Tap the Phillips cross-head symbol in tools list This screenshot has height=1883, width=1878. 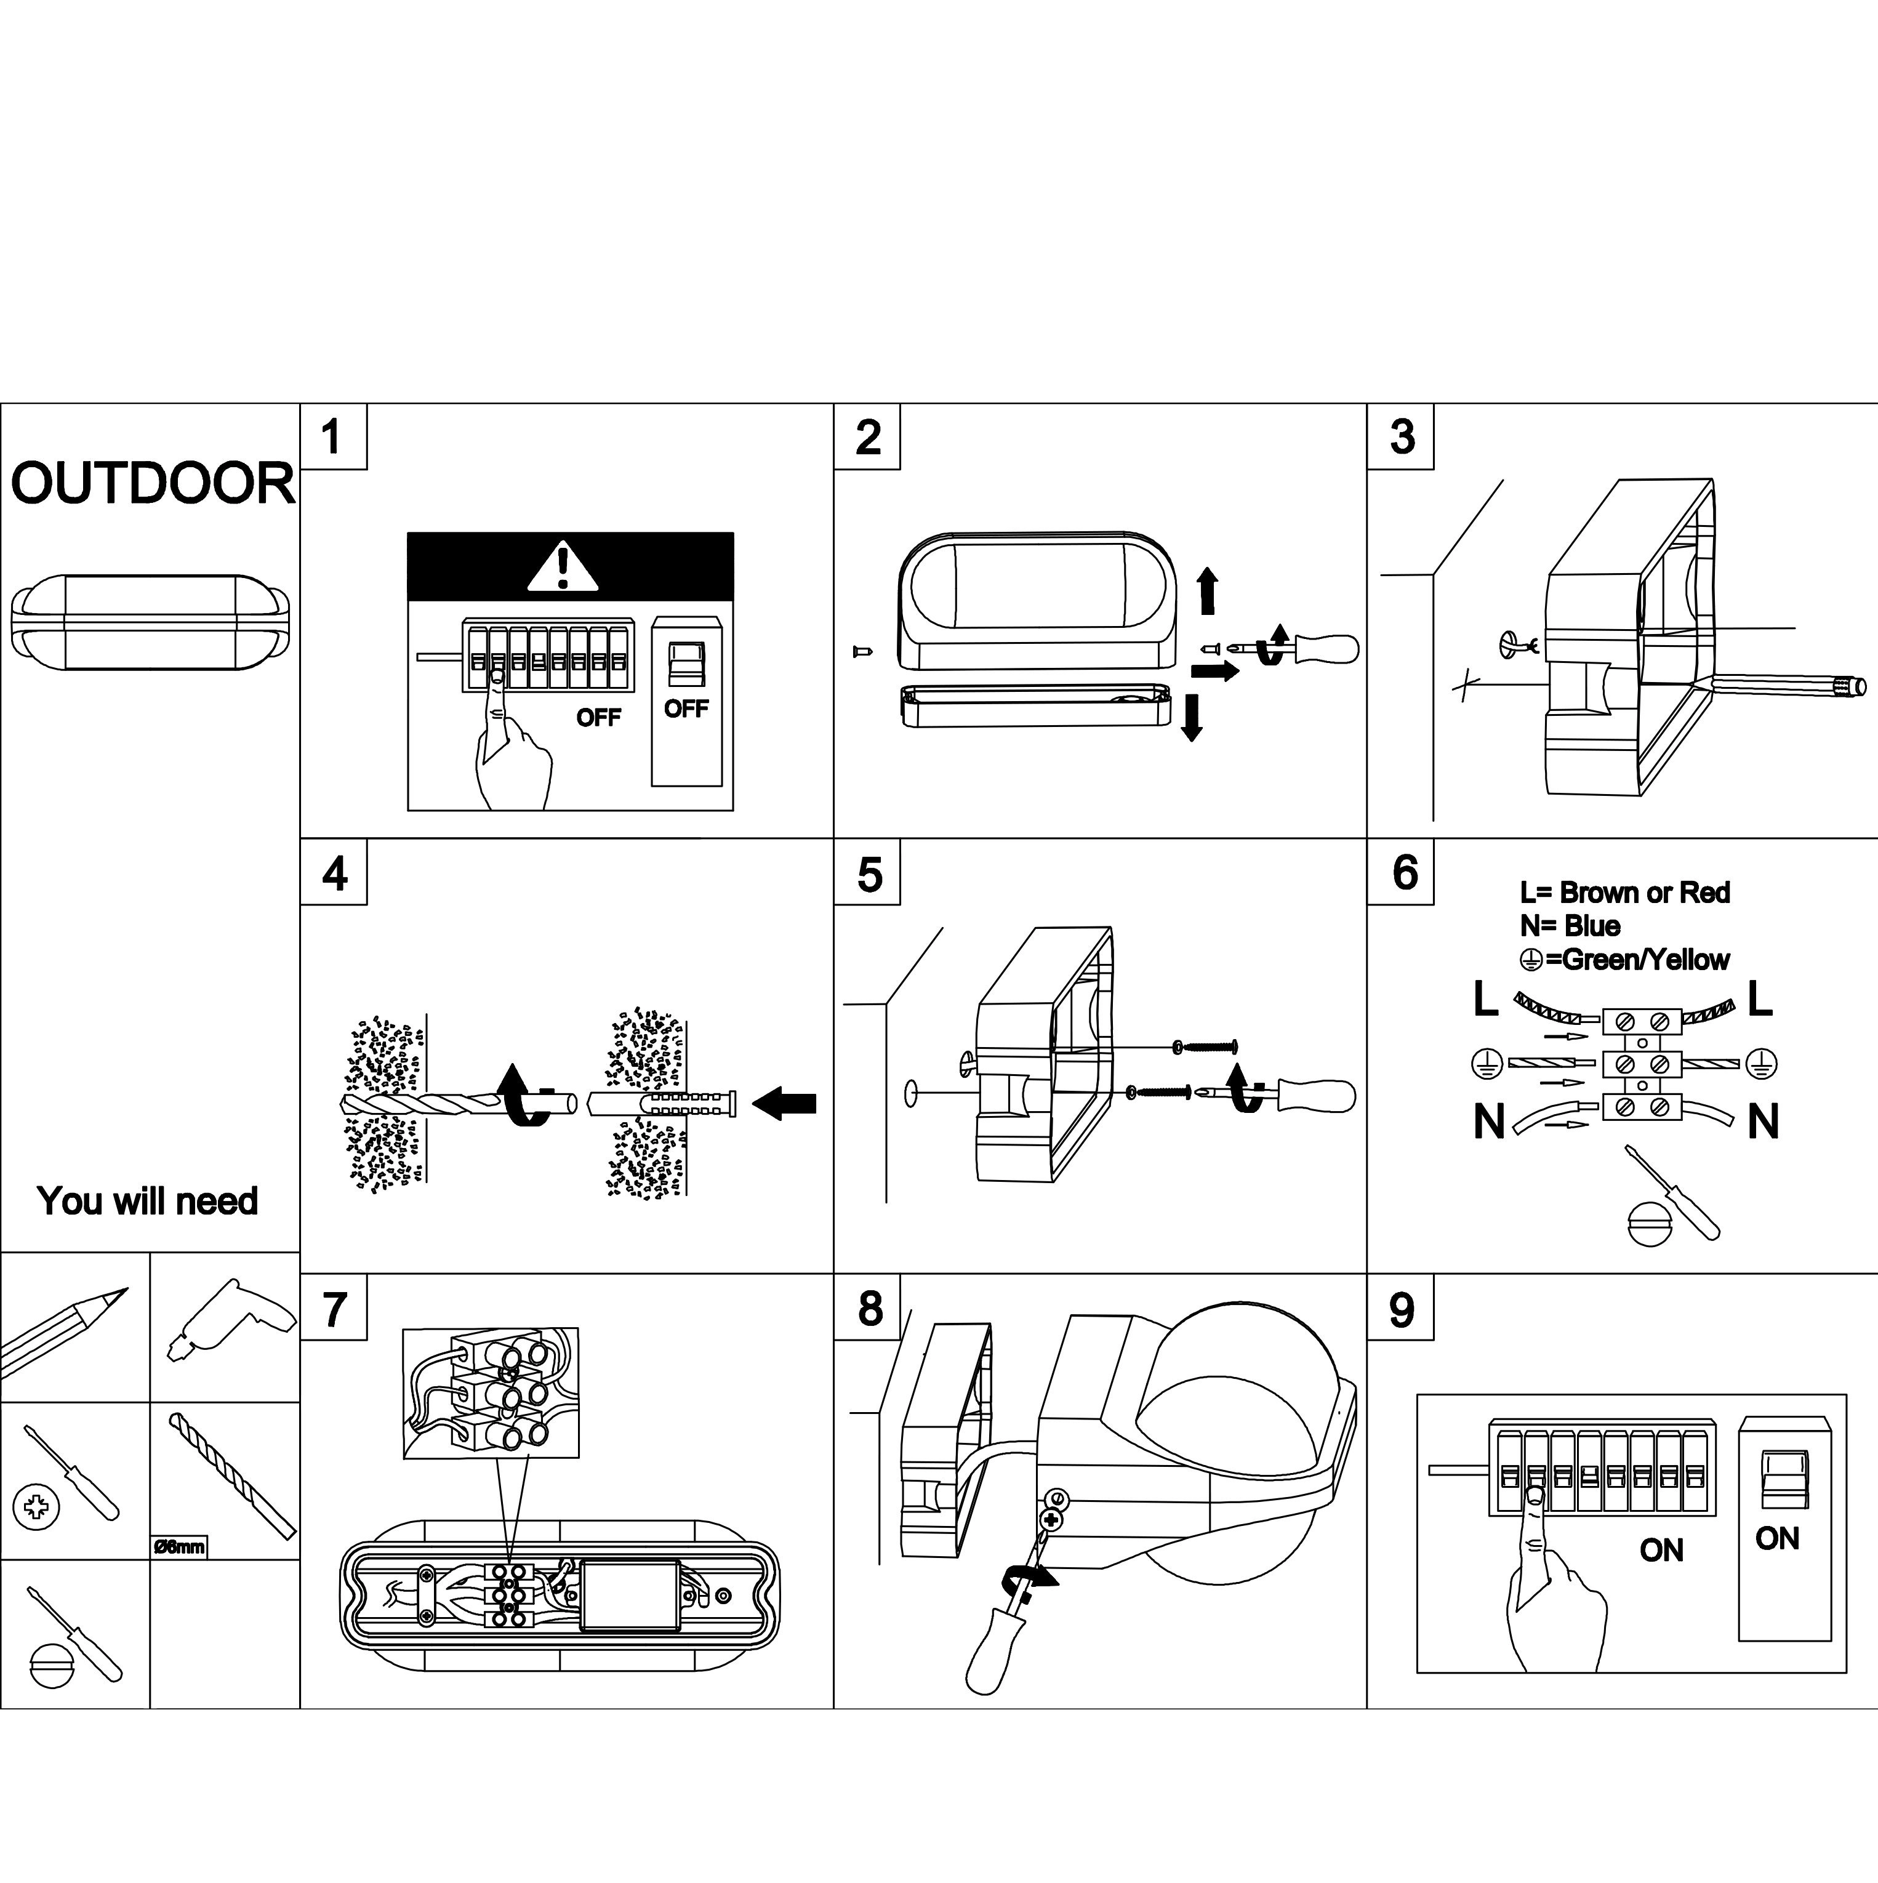tap(36, 1507)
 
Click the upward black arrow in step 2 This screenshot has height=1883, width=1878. tap(1208, 591)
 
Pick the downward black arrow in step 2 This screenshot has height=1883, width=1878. tap(1191, 717)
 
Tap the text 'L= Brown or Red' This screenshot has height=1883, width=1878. tap(1624, 893)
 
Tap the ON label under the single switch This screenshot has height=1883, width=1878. tap(1776, 1538)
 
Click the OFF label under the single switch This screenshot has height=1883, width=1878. tap(686, 709)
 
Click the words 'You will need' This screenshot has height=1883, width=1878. tap(147, 1201)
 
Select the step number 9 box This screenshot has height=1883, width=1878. tap(1400, 1310)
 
